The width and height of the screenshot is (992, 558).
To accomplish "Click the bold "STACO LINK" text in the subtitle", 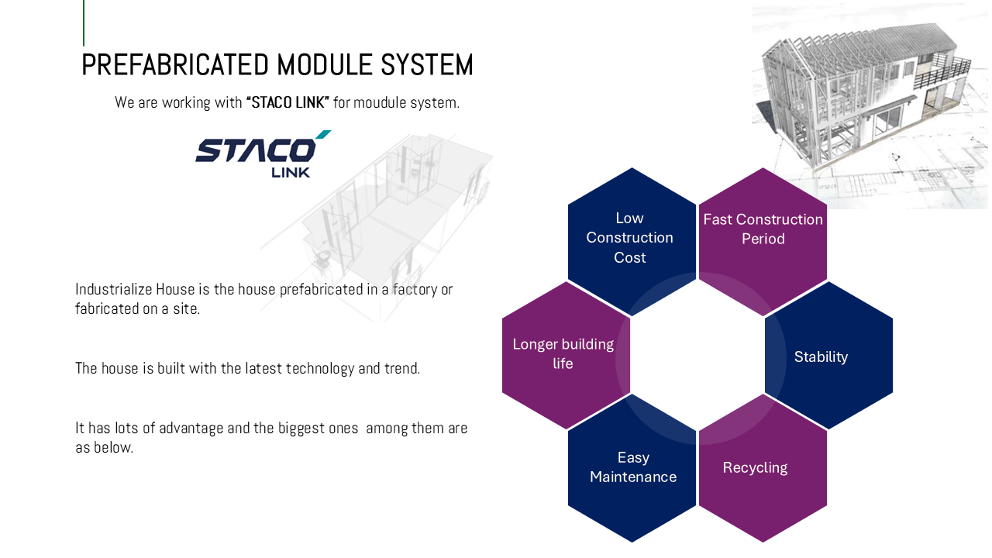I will tap(288, 102).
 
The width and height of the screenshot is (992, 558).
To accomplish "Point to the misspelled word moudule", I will tap(380, 102).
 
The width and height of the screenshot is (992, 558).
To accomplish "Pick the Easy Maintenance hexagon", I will tap(632, 468).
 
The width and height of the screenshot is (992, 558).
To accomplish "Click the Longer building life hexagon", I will tap(564, 354).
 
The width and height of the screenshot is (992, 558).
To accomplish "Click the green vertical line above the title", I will tap(84, 22).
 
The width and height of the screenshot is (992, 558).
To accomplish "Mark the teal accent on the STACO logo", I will tap(322, 135).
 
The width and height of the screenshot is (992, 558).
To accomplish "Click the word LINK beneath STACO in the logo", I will tap(291, 172).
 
